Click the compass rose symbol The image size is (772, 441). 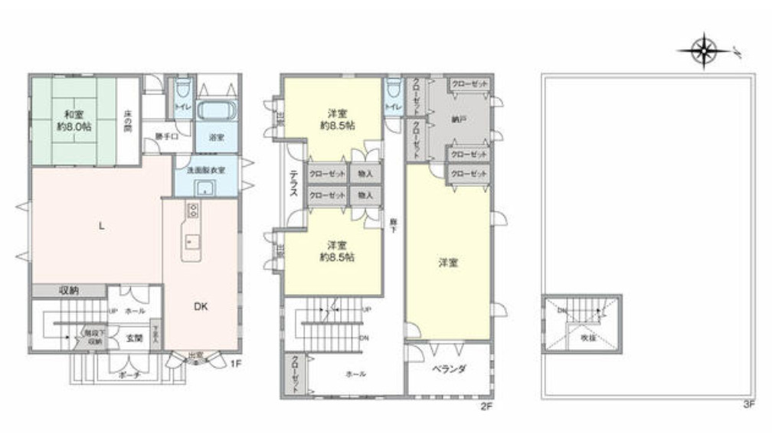703,51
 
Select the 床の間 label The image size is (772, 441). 129,121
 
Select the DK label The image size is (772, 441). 200,306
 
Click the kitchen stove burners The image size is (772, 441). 192,211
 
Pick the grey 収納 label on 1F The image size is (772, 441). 69,291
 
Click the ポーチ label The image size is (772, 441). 129,375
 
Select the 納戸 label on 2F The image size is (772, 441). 438,120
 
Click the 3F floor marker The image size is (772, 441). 748,405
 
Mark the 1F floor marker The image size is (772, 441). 236,364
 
